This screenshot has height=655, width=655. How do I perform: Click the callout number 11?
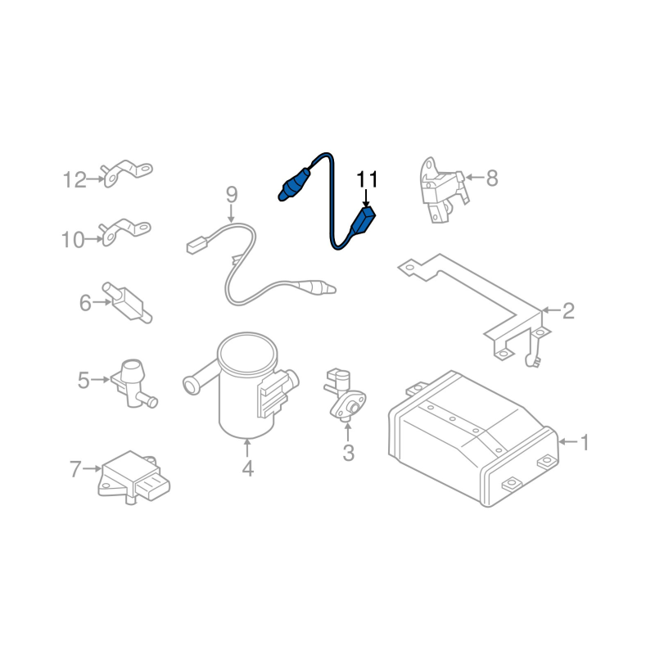(367, 179)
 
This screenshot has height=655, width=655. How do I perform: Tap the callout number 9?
(232, 195)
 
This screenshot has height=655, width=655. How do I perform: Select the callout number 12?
(75, 180)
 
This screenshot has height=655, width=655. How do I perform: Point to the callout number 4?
(248, 468)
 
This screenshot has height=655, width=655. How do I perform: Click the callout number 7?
(75, 468)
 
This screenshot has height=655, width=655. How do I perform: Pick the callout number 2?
(568, 311)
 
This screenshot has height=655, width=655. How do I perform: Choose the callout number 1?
(585, 442)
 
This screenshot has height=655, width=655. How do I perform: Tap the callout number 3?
(349, 453)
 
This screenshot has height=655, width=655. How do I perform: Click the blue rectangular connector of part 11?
(362, 221)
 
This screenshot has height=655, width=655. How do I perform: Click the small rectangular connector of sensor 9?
(197, 244)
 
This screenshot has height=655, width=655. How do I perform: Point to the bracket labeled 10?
(124, 232)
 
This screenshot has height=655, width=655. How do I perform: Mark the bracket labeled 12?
(126, 173)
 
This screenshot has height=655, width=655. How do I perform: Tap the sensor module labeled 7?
(133, 477)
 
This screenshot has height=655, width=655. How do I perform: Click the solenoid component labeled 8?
(443, 190)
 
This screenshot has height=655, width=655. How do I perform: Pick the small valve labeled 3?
(345, 395)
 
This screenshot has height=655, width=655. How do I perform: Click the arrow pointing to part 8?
(475, 178)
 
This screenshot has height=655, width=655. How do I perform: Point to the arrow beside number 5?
(100, 380)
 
